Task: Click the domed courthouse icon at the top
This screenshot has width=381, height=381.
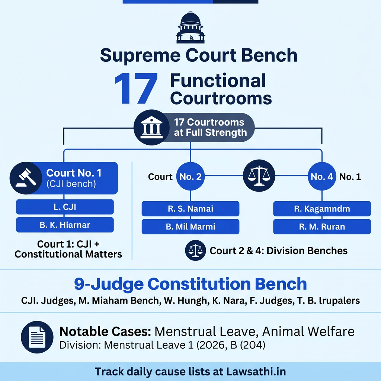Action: (x=190, y=28)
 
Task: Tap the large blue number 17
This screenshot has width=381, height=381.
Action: (x=136, y=90)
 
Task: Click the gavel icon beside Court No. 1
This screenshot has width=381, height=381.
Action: (x=26, y=178)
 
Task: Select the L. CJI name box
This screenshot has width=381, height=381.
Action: (x=65, y=207)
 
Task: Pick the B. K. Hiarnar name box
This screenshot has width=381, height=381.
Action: (x=65, y=225)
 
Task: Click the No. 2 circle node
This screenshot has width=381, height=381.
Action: (x=190, y=177)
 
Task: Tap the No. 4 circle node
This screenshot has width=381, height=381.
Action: (x=322, y=177)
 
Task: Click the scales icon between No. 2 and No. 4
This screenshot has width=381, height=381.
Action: (x=259, y=175)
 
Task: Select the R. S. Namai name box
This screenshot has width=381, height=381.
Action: (x=190, y=209)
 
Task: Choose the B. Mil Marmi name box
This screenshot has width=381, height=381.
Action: (x=190, y=227)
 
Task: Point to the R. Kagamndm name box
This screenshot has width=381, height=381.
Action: (x=322, y=209)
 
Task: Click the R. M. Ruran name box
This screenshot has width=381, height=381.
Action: (x=322, y=227)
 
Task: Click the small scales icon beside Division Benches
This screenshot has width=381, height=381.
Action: (x=195, y=250)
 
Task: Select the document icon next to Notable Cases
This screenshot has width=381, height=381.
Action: (x=37, y=337)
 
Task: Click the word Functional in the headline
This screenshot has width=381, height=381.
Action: (x=218, y=81)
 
